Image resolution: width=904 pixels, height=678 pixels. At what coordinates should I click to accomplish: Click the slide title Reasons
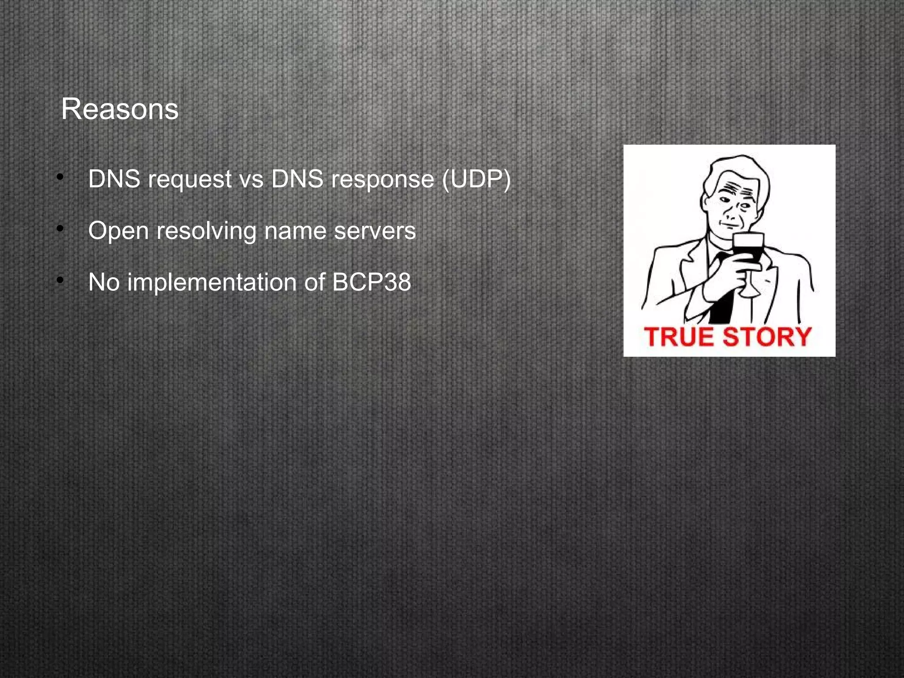pyautogui.click(x=120, y=109)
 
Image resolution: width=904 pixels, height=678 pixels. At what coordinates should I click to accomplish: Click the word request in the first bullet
pyautogui.click(x=190, y=180)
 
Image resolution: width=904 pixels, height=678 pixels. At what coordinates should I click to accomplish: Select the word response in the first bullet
pyautogui.click(x=382, y=180)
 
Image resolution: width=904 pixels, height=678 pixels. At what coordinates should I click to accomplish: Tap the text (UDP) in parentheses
pyautogui.click(x=476, y=179)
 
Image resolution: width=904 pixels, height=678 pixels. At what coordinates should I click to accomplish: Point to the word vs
pyautogui.click(x=251, y=180)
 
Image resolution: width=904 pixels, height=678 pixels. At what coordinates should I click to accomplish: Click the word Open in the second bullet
pyautogui.click(x=118, y=231)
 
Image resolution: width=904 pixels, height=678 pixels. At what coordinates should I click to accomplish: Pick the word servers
pyautogui.click(x=375, y=231)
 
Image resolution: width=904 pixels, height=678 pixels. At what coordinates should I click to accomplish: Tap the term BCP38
pyautogui.click(x=371, y=282)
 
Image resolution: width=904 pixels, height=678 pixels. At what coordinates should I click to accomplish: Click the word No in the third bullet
pyautogui.click(x=104, y=282)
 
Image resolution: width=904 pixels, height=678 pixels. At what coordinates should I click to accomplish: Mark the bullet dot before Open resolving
pyautogui.click(x=60, y=229)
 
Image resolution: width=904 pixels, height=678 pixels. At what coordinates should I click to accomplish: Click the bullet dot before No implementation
pyautogui.click(x=60, y=280)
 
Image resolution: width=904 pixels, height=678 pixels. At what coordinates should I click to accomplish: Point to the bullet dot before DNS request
pyautogui.click(x=60, y=177)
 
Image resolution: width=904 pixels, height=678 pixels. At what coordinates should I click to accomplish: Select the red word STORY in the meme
pyautogui.click(x=767, y=337)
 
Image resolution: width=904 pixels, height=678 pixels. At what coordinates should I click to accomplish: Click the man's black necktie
pyautogui.click(x=723, y=300)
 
